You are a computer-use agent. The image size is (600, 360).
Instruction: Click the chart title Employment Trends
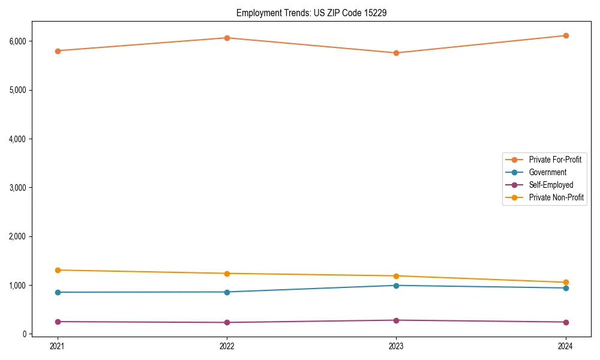(x=311, y=13)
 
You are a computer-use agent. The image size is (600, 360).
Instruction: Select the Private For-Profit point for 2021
(x=58, y=51)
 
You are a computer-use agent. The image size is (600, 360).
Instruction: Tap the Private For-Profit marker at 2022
(x=227, y=38)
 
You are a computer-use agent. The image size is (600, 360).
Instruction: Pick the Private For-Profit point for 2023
(x=396, y=53)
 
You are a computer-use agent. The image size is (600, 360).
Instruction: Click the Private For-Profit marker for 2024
(x=565, y=35)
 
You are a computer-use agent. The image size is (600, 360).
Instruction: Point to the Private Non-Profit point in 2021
(x=58, y=270)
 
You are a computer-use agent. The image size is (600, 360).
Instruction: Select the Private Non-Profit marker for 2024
(x=565, y=282)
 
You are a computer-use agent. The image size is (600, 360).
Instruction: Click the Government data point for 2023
(x=396, y=285)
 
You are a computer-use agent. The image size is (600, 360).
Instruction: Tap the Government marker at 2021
(x=58, y=292)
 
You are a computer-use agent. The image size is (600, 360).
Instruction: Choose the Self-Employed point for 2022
(x=227, y=322)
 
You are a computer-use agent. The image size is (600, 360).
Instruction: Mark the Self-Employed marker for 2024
(x=565, y=322)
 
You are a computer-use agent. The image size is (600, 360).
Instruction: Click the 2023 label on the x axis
(x=396, y=346)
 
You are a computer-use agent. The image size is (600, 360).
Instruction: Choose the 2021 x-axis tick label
(x=58, y=346)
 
